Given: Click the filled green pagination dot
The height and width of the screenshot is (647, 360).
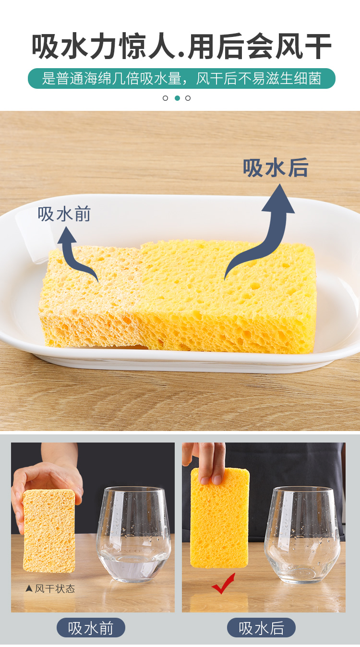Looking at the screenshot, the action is (x=178, y=98).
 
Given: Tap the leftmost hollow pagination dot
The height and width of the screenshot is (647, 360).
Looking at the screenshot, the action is (x=165, y=98).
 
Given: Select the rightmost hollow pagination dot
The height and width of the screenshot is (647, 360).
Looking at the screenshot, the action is (x=188, y=98).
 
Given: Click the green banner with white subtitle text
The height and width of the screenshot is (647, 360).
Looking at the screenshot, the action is (x=181, y=78).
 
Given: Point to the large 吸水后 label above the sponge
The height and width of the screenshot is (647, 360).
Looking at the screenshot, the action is (x=276, y=168).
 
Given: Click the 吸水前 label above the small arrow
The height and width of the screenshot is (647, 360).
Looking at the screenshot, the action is (x=64, y=214).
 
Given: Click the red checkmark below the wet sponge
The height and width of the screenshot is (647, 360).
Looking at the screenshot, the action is (x=224, y=583).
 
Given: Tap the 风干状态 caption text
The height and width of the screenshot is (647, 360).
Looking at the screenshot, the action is (x=55, y=588).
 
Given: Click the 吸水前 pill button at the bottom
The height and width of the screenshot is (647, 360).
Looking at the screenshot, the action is (x=91, y=628).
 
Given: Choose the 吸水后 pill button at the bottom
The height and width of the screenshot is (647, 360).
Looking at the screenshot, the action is (x=261, y=628).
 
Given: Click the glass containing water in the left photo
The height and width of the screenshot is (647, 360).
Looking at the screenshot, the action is (x=133, y=534).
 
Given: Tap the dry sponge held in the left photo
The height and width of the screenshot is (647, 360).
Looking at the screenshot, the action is (x=49, y=531).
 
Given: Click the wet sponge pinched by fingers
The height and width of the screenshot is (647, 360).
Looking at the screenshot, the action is (x=219, y=517).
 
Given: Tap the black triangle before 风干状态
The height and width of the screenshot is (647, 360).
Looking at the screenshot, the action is (x=29, y=588).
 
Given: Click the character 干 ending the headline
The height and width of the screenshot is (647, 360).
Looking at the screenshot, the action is (x=318, y=46).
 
